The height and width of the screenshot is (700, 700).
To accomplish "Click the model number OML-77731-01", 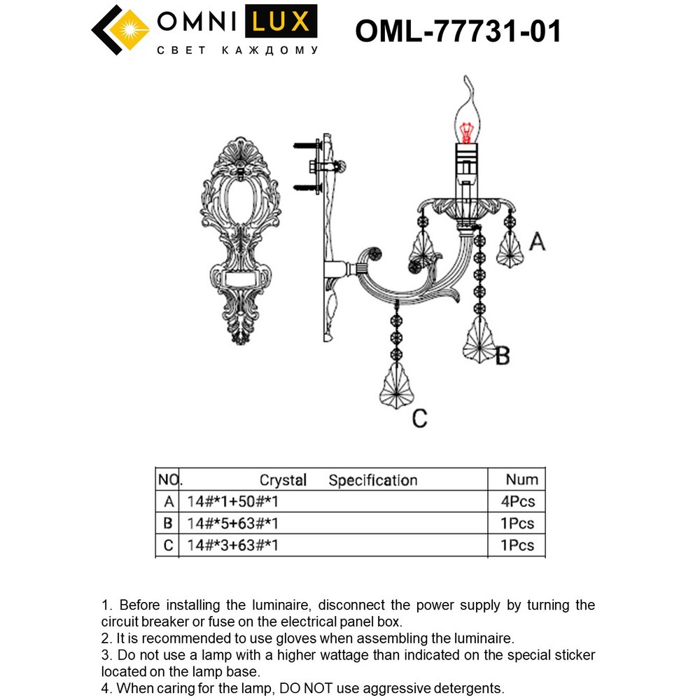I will click(x=458, y=31).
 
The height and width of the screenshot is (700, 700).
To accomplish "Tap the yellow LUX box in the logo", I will click(x=281, y=22).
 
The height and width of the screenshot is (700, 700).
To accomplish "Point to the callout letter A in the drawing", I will click(x=536, y=242).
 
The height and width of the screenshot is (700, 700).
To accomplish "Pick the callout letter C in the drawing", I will click(x=419, y=419).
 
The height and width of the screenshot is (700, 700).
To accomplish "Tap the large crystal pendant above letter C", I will click(x=396, y=386).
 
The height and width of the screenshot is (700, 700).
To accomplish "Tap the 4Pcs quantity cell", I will click(x=518, y=502).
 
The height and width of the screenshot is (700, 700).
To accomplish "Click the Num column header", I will click(x=521, y=479).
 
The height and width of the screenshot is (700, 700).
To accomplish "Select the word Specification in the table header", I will click(x=372, y=480).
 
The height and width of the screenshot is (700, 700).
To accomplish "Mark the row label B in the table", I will click(x=168, y=524).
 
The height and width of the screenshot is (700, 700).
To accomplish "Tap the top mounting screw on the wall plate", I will click(x=305, y=146).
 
